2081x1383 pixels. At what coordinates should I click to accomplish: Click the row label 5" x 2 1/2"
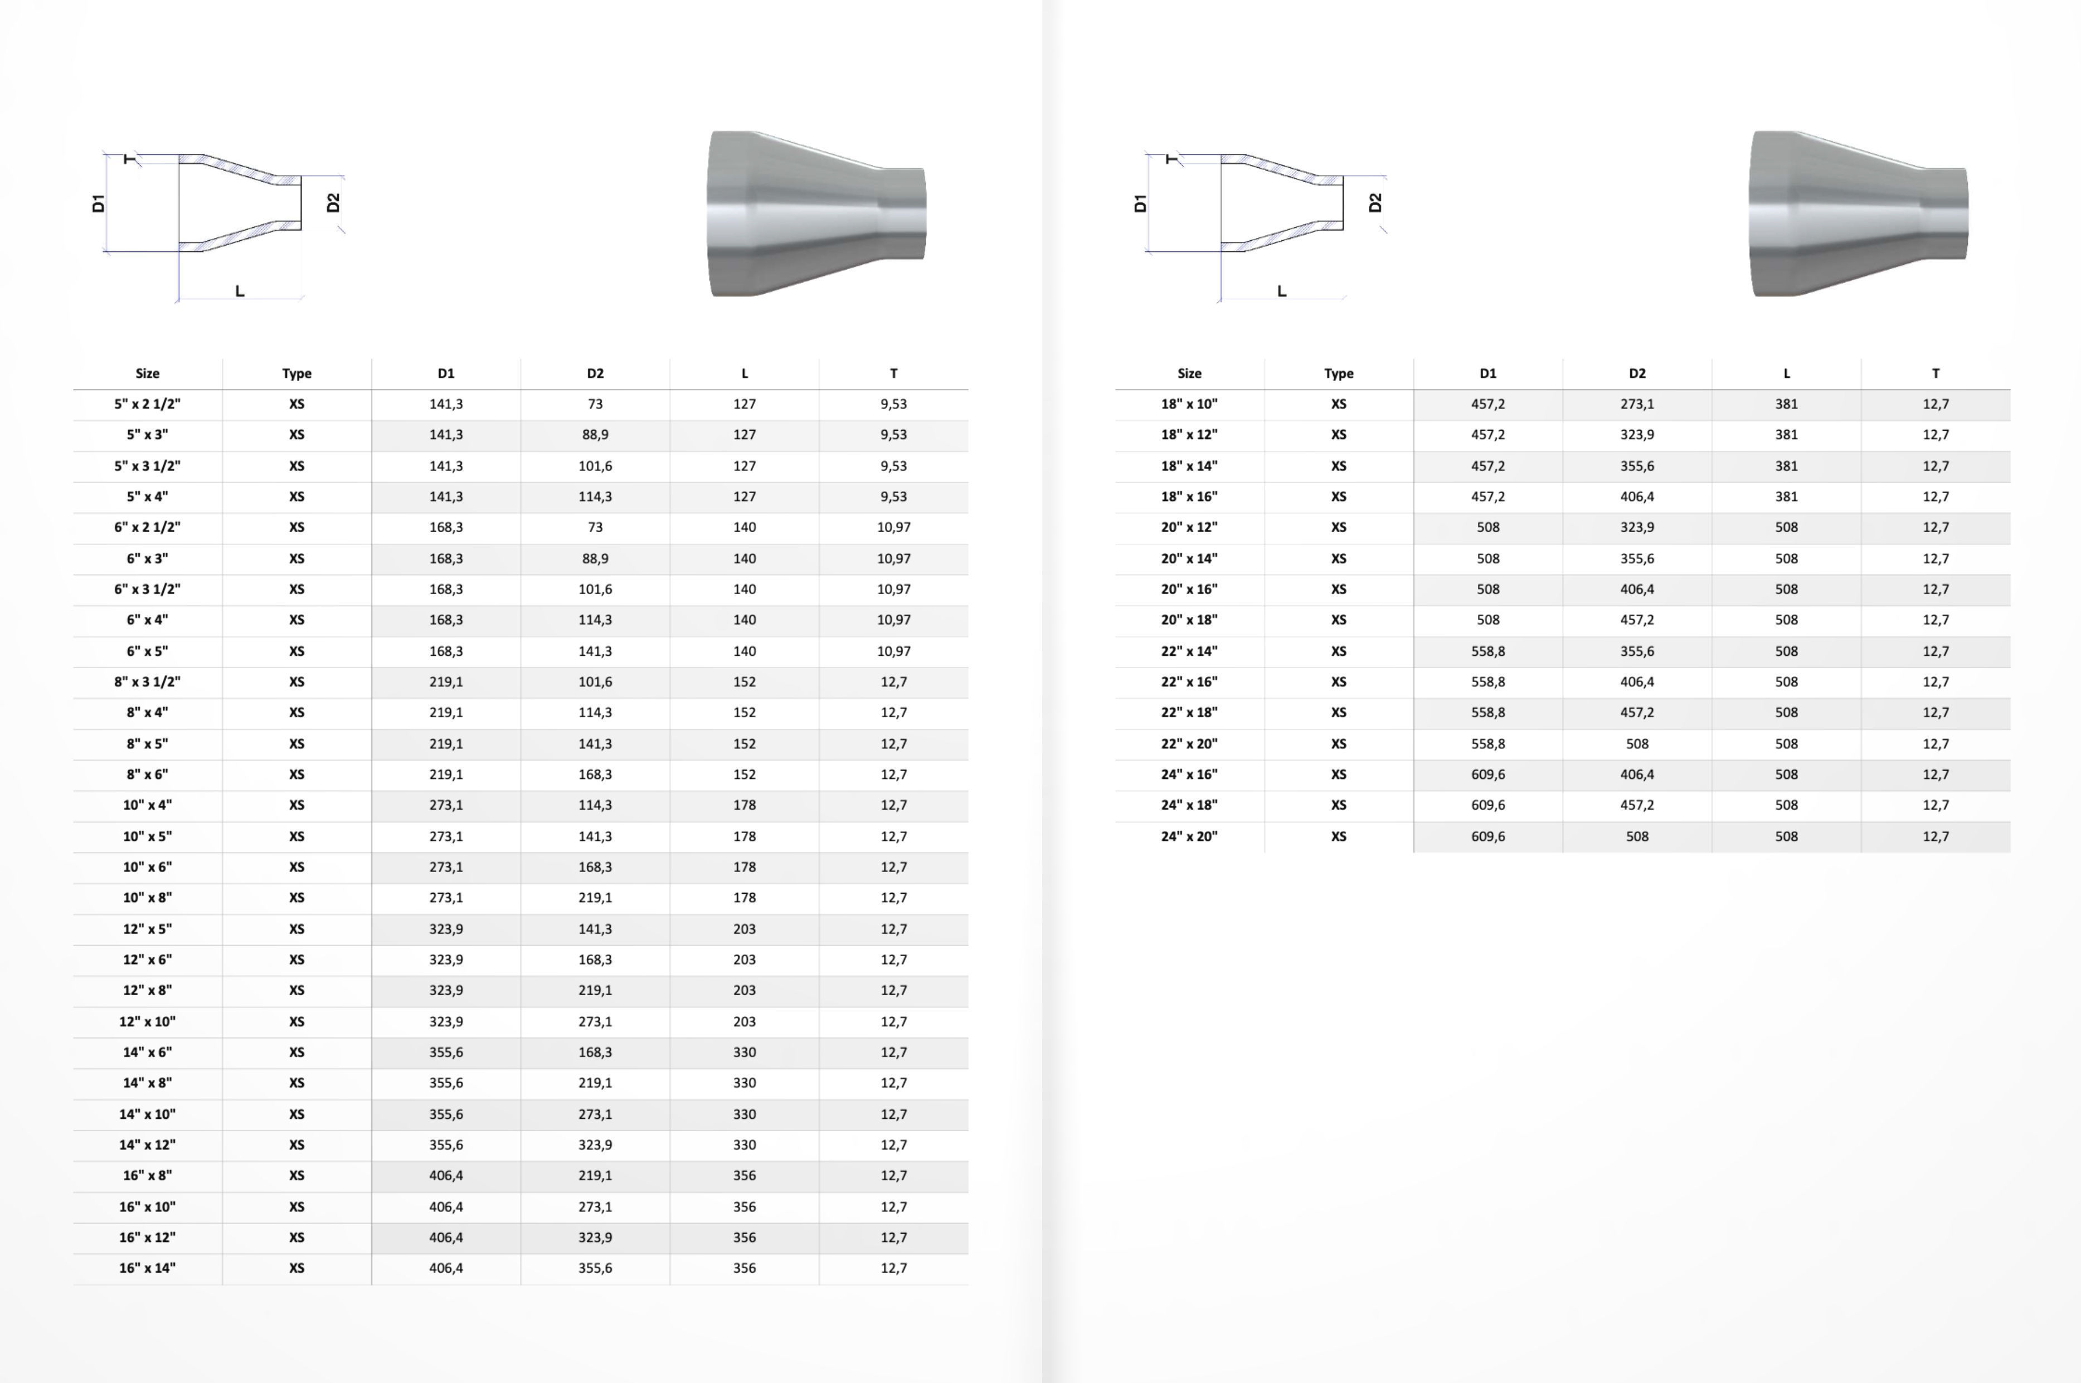tap(147, 404)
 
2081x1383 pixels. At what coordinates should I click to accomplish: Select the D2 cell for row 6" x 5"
tap(595, 651)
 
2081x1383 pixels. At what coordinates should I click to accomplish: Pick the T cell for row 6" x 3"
tap(893, 558)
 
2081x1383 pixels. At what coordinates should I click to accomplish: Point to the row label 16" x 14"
tap(147, 1268)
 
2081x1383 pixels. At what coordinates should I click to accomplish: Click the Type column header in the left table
tap(296, 373)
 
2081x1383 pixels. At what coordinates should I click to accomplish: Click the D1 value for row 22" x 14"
tap(1487, 651)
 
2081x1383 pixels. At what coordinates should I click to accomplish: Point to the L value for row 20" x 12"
tap(1786, 528)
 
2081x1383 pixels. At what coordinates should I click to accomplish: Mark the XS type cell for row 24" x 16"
tap(1338, 775)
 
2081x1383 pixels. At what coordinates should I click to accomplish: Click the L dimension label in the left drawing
tap(239, 290)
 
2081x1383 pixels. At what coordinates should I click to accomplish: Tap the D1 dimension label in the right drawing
tap(1140, 204)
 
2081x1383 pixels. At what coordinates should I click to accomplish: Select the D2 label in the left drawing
tap(333, 203)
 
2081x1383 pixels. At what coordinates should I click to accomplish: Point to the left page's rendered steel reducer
tap(816, 213)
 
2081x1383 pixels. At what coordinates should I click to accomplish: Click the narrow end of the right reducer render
tap(1945, 213)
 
